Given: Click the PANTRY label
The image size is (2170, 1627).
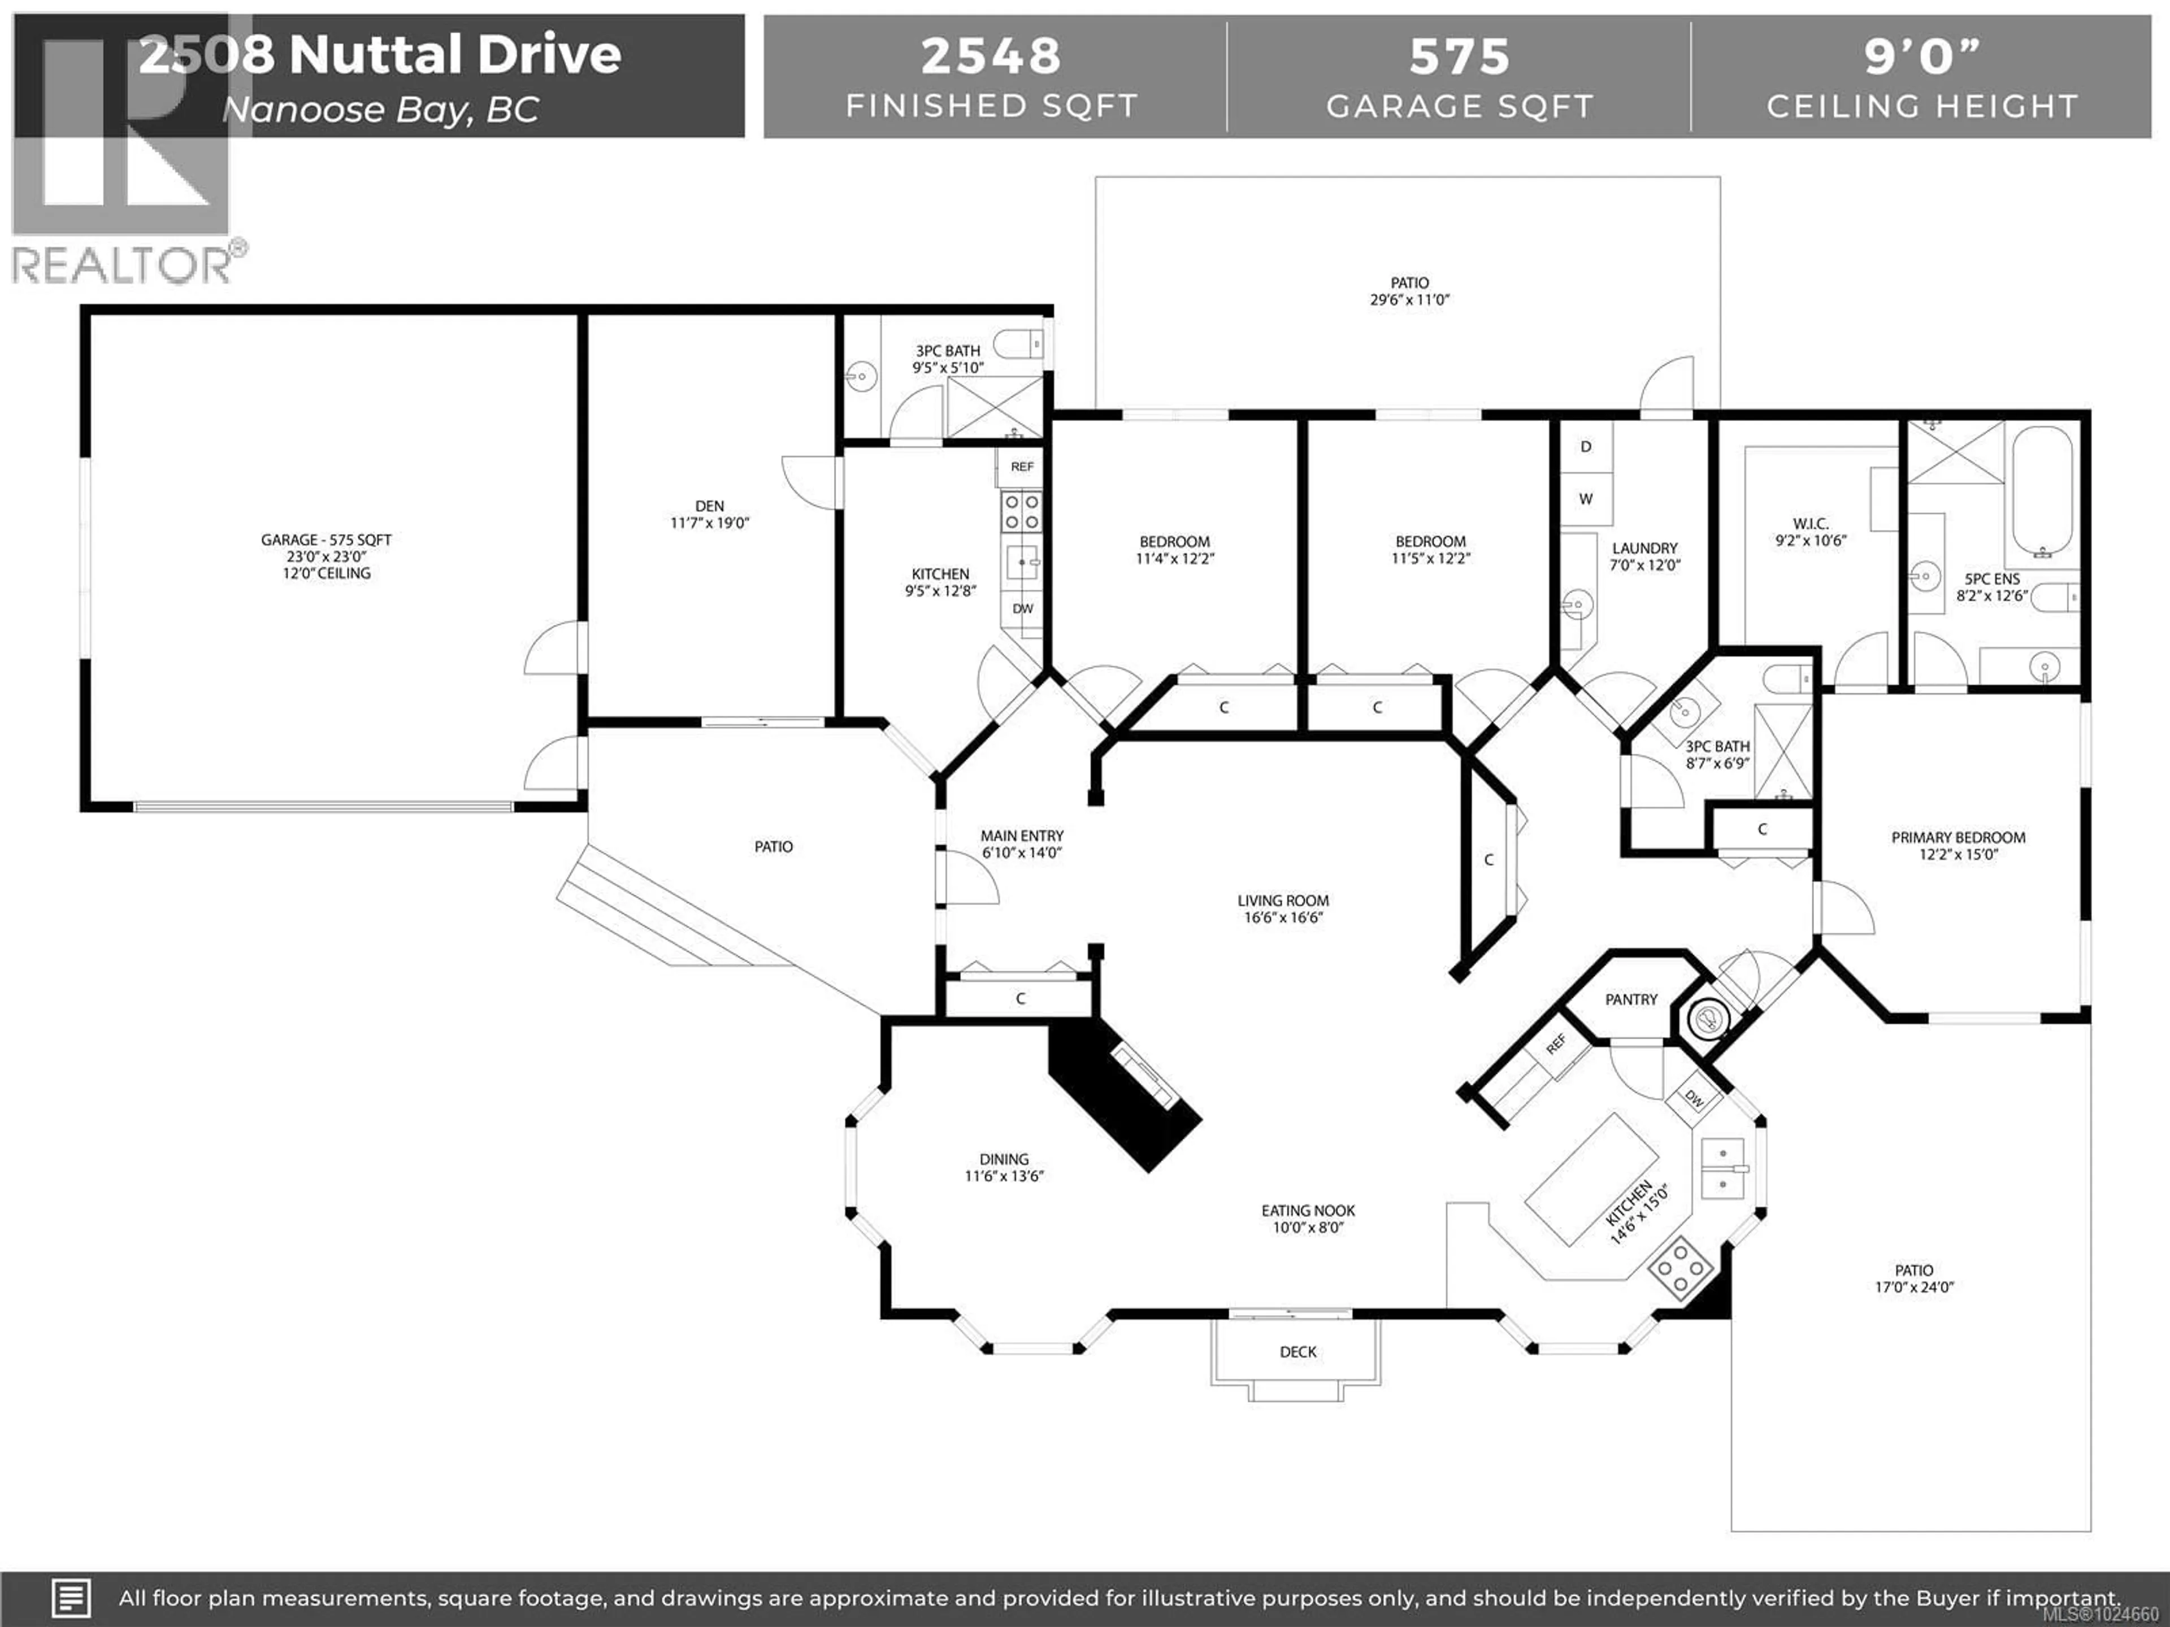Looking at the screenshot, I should pyautogui.click(x=1630, y=999).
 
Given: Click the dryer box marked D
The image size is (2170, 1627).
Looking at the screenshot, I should pyautogui.click(x=1585, y=447).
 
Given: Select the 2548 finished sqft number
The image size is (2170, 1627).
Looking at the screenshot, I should pyautogui.click(x=991, y=56).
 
